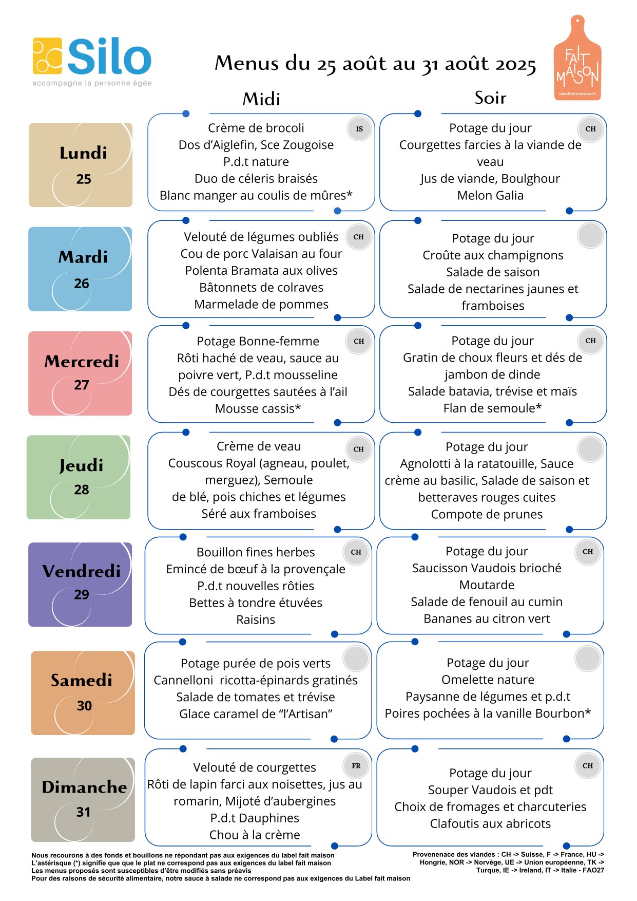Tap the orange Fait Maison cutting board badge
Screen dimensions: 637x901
click(577, 58)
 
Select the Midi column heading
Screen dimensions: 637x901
click(261, 99)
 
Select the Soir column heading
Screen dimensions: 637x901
click(490, 98)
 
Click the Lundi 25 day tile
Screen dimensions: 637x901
click(81, 165)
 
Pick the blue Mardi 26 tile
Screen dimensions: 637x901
click(80, 269)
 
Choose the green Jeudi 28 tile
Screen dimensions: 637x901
click(79, 477)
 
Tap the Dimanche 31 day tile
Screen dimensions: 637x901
click(83, 799)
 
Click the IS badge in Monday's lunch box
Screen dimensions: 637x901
click(359, 129)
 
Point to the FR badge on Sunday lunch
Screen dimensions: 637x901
click(356, 766)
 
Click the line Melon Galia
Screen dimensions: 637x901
click(490, 195)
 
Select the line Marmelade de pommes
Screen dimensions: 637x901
click(261, 304)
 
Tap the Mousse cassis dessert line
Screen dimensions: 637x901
click(258, 408)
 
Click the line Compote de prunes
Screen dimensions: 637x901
click(487, 514)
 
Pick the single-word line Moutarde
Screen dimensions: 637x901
click(487, 585)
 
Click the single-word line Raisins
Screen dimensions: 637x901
click(256, 620)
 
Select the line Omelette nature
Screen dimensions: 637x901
click(488, 680)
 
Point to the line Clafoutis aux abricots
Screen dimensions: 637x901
click(490, 823)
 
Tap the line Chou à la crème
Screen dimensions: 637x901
click(255, 835)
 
